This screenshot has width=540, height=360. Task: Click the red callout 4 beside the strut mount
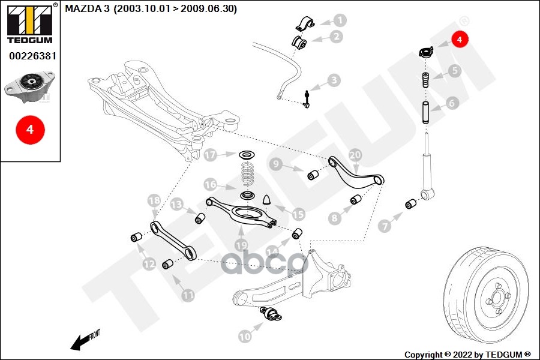click(x=460, y=40)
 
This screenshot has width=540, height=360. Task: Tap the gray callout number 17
click(x=210, y=155)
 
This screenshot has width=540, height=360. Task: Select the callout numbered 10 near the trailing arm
click(x=245, y=336)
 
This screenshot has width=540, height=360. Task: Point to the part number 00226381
click(x=33, y=56)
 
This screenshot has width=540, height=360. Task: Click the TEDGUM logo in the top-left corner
click(x=30, y=24)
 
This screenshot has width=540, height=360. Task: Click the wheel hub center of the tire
click(x=497, y=298)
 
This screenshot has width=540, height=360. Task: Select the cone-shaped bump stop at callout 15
click(x=268, y=200)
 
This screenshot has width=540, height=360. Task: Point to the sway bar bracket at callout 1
click(x=305, y=24)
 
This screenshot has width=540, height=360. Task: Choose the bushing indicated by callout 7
click(x=410, y=204)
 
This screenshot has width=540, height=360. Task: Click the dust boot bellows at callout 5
click(x=426, y=80)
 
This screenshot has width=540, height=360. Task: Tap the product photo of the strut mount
click(x=29, y=86)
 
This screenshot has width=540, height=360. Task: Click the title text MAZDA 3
click(x=87, y=8)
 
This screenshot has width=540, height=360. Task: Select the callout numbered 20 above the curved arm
click(x=355, y=155)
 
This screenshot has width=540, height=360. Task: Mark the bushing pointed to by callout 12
click(x=136, y=238)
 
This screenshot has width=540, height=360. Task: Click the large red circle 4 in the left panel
click(x=31, y=130)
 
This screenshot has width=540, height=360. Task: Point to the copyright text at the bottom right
click(x=467, y=355)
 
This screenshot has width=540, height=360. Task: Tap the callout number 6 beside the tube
click(x=452, y=103)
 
